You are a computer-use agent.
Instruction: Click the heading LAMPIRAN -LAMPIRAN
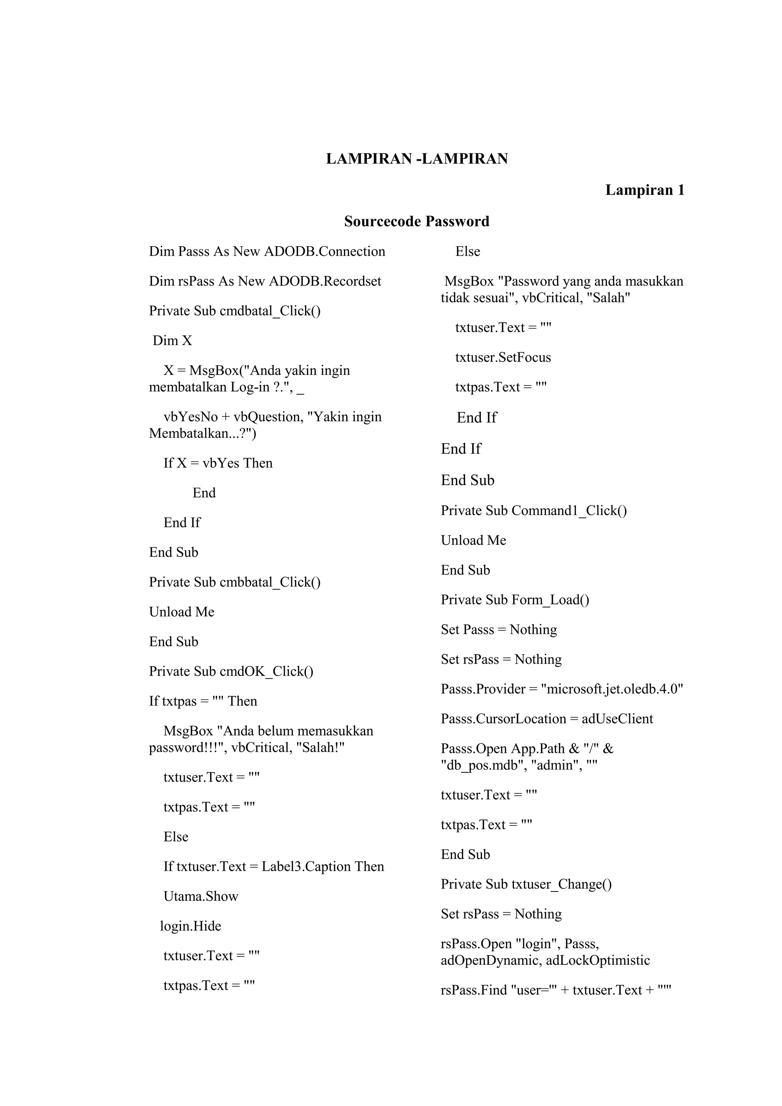click(417, 159)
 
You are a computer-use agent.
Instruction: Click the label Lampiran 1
click(644, 190)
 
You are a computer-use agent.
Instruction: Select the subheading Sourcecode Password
click(417, 221)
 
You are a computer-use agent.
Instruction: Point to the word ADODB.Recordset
click(325, 281)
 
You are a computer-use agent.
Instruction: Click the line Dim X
click(172, 341)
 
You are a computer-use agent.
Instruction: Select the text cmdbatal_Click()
click(270, 311)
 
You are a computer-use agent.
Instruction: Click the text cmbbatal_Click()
click(270, 582)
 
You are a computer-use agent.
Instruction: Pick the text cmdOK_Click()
click(267, 672)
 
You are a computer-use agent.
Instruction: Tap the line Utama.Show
click(201, 896)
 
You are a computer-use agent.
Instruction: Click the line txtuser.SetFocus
click(502, 357)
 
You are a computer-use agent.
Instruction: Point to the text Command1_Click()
click(569, 510)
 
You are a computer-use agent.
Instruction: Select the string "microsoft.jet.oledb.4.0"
click(612, 689)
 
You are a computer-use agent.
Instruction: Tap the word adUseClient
click(617, 719)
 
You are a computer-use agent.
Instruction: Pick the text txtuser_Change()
click(561, 885)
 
